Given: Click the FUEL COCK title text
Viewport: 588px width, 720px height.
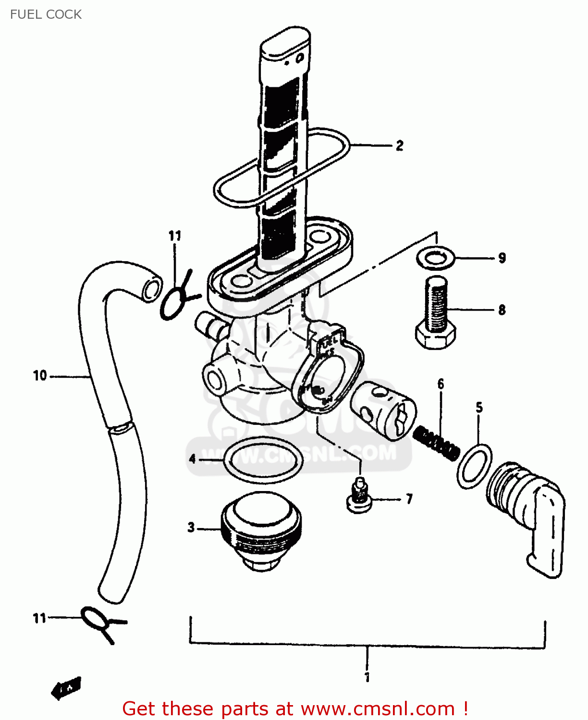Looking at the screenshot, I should [46, 14].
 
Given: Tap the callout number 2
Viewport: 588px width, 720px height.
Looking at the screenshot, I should [399, 146].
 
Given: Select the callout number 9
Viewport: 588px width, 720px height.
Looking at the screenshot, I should [502, 258].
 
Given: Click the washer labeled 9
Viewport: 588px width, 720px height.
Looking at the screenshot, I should [436, 258].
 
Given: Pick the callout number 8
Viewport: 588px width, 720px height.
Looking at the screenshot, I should [502, 310].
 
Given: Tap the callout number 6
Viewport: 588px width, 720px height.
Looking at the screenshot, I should [441, 384].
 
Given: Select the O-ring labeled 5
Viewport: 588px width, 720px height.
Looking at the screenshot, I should [474, 466].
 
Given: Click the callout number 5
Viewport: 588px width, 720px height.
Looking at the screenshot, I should [479, 408].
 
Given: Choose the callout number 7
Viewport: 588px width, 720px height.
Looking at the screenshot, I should [409, 500].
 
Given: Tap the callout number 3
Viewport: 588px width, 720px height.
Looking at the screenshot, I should [191, 528].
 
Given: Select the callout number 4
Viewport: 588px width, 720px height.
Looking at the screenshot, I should [193, 459].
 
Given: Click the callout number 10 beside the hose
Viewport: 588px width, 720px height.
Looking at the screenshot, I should [40, 376].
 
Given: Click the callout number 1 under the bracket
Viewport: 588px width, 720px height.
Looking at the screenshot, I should [367, 677].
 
